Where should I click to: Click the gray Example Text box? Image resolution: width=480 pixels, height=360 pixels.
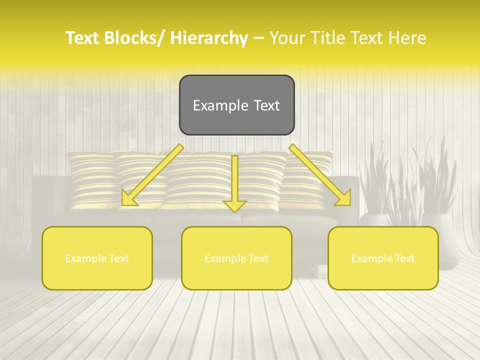[236, 105]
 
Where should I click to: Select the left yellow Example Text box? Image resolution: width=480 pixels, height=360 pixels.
[97, 258]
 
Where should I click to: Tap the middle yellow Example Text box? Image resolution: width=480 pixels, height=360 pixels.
[236, 258]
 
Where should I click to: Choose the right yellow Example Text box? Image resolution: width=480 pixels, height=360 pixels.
[383, 258]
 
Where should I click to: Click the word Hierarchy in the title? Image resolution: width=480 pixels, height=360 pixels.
[209, 38]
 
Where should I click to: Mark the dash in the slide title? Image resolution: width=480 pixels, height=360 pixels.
[258, 38]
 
